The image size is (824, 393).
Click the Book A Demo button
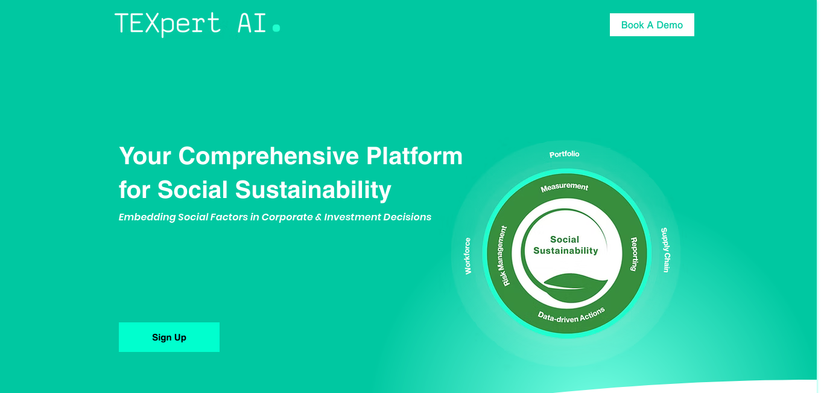pos(652,25)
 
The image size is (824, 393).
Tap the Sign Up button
pos(170,337)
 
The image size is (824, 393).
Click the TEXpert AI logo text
pos(191,24)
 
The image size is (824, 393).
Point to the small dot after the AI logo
pos(276,28)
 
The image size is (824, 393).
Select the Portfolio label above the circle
pos(564,154)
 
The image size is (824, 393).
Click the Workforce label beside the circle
pos(467,256)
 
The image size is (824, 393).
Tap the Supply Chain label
pos(665,250)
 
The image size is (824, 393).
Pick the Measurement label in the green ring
pos(564,187)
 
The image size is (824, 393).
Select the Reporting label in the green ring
pos(633,254)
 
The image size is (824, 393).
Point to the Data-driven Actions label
pos(571,316)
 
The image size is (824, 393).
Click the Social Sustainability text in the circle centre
pos(565,245)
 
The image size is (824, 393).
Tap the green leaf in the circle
pos(575,287)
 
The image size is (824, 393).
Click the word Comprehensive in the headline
pos(268,156)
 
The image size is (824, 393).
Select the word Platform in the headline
pos(414,156)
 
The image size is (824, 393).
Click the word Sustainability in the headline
pos(313,190)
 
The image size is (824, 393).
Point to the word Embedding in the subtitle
pos(147,217)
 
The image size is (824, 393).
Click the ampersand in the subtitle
pos(318,217)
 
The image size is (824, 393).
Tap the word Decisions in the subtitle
pos(407,217)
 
